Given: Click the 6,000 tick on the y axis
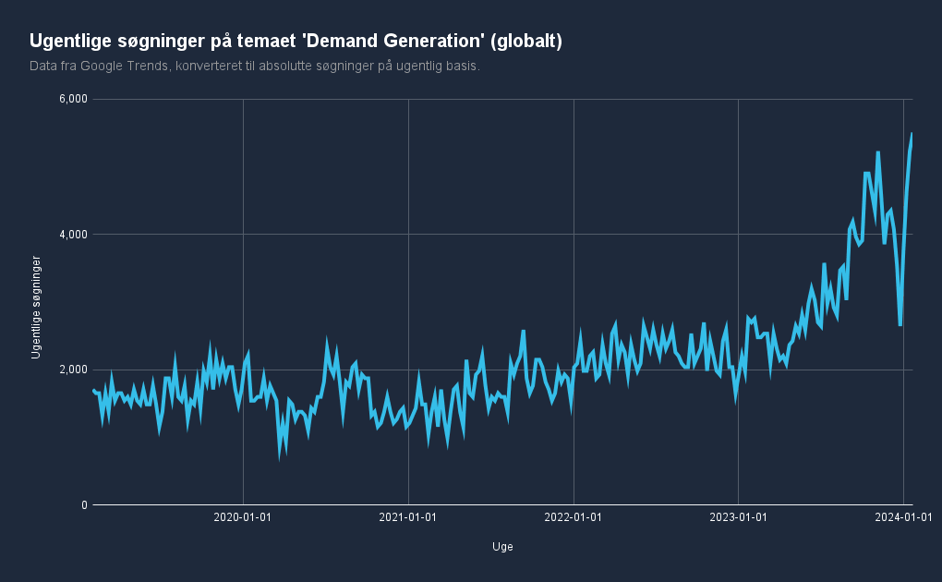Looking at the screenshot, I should pos(73,99).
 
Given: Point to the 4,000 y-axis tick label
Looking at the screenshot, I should pos(73,235).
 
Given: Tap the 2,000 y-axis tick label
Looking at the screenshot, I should pos(73,370).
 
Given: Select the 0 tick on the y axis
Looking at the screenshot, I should pos(83,505).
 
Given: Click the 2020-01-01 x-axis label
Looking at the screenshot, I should pos(242,516).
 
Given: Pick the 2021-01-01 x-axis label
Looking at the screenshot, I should pos(407,516).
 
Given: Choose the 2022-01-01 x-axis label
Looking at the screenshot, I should pos(574,516).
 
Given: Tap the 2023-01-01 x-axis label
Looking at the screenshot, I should pos(739,516).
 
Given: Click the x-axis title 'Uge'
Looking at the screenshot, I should pos(502,547).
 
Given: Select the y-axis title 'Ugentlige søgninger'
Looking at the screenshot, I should pos(36,308).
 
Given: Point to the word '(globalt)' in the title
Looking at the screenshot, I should pos(526,42).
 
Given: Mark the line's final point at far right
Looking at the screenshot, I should pos(912,133).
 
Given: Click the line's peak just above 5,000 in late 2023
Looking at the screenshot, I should pos(877,152).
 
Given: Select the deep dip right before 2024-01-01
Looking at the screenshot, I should pos(900,324).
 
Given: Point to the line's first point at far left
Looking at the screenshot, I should pos(93,390).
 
